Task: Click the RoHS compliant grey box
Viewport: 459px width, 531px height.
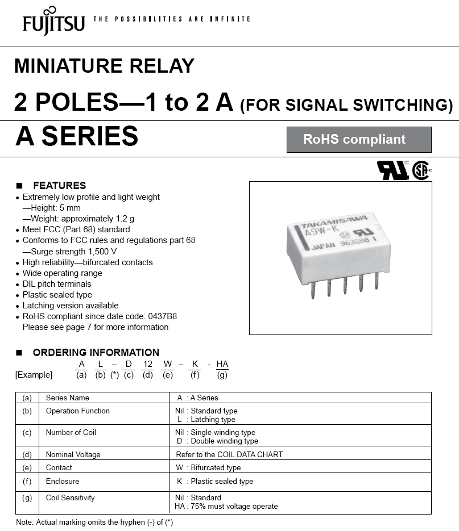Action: (358, 140)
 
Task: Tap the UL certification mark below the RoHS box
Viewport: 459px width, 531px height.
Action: (392, 170)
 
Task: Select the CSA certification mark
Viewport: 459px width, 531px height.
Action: (421, 170)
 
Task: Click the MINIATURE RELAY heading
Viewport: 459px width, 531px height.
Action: (104, 66)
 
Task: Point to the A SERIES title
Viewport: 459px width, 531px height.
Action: (77, 136)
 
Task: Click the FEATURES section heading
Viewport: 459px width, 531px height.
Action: (59, 186)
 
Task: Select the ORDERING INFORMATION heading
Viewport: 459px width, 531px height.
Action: (96, 352)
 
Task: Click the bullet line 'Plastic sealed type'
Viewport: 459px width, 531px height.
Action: (57, 295)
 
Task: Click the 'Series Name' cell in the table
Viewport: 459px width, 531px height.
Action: (68, 398)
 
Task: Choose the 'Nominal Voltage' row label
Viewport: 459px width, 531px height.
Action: (73, 454)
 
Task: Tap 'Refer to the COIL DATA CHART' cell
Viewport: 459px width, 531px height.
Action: (229, 454)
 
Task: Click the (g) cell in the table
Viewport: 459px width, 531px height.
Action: (27, 498)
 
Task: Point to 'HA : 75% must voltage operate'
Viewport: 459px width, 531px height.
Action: (226, 506)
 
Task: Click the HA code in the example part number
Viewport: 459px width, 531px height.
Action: (222, 364)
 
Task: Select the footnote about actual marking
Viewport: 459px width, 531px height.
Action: (94, 522)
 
